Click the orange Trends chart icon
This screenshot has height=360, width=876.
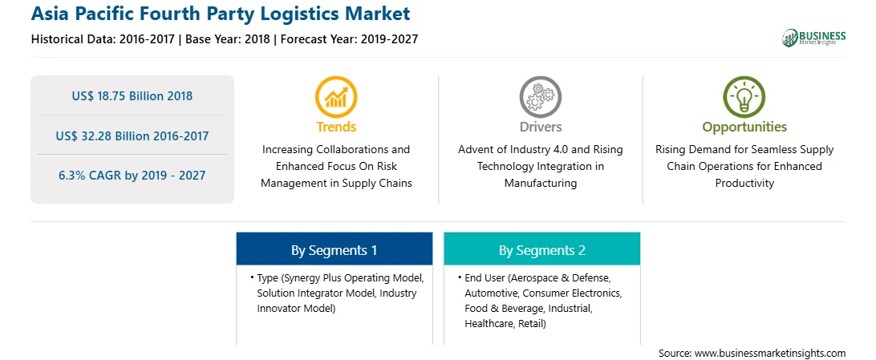[336, 96]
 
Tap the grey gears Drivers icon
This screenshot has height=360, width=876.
[540, 96]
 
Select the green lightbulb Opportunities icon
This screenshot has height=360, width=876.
[744, 96]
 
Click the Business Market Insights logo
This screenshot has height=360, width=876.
[814, 38]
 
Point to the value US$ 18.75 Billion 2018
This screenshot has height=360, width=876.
[132, 96]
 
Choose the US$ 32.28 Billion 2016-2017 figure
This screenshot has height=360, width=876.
[132, 136]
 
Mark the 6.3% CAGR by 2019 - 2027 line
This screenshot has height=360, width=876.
[132, 176]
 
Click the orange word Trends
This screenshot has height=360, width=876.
[336, 127]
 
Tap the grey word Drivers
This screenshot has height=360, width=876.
[540, 127]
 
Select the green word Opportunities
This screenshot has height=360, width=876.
[744, 127]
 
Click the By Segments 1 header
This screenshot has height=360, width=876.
[334, 251]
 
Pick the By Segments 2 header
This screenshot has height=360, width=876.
[542, 251]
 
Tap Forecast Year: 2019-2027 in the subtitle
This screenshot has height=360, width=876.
[346, 39]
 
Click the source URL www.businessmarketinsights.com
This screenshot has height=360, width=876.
[770, 353]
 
